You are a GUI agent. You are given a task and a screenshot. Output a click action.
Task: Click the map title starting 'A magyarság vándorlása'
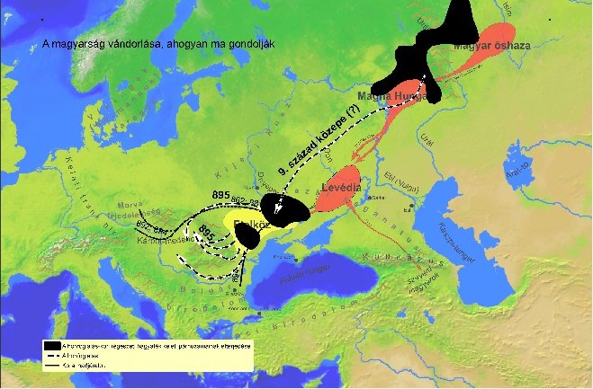[x=157, y=44]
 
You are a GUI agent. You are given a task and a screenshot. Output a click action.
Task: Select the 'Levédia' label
[x=342, y=188]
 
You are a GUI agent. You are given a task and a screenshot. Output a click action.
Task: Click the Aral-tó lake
[x=516, y=172]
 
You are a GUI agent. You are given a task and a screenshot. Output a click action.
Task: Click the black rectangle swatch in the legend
[x=52, y=345]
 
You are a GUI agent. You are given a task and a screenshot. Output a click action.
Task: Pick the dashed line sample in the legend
[x=52, y=356]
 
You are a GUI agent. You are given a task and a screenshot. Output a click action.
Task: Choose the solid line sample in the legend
[x=52, y=366]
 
